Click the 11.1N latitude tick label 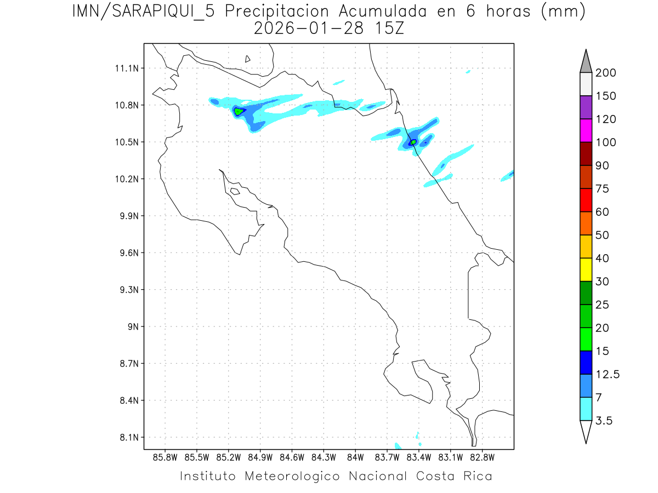pos(126,68)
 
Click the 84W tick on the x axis pos(355,457)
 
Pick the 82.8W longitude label pos(482,457)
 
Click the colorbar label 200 pos(605,73)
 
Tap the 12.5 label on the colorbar pos(608,374)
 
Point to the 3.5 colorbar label pos(604,421)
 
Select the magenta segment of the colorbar pos(586,130)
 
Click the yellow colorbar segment pos(586,270)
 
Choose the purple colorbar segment pos(586,107)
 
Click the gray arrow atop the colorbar pos(586,62)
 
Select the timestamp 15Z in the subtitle pos(388,28)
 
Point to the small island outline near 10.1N pos(235,191)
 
